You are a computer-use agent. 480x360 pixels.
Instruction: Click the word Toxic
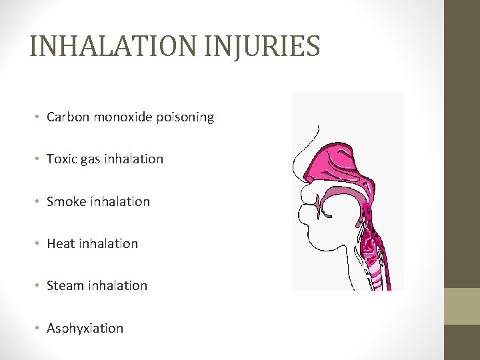click(61, 159)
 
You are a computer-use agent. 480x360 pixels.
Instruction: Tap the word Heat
click(61, 243)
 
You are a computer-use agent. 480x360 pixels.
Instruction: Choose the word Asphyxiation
click(85, 328)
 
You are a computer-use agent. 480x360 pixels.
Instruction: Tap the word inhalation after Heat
click(108, 243)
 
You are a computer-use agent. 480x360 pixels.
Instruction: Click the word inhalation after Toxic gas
click(133, 159)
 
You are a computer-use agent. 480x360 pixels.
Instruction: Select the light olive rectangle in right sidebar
click(462, 306)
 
